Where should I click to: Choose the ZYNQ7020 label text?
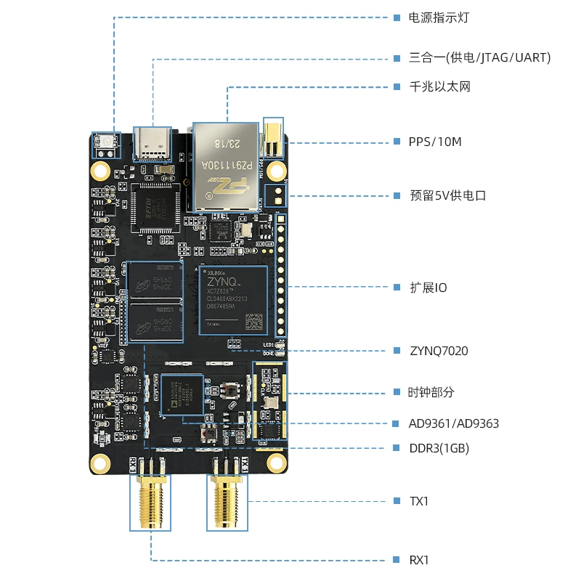coord(439,351)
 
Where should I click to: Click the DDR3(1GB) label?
coord(439,449)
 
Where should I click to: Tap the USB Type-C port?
coord(152,142)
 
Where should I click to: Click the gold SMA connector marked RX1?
coord(151,501)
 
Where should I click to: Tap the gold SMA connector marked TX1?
coord(227,501)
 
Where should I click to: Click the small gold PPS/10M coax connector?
coord(273,139)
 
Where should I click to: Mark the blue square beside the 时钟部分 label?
coord(397,392)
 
